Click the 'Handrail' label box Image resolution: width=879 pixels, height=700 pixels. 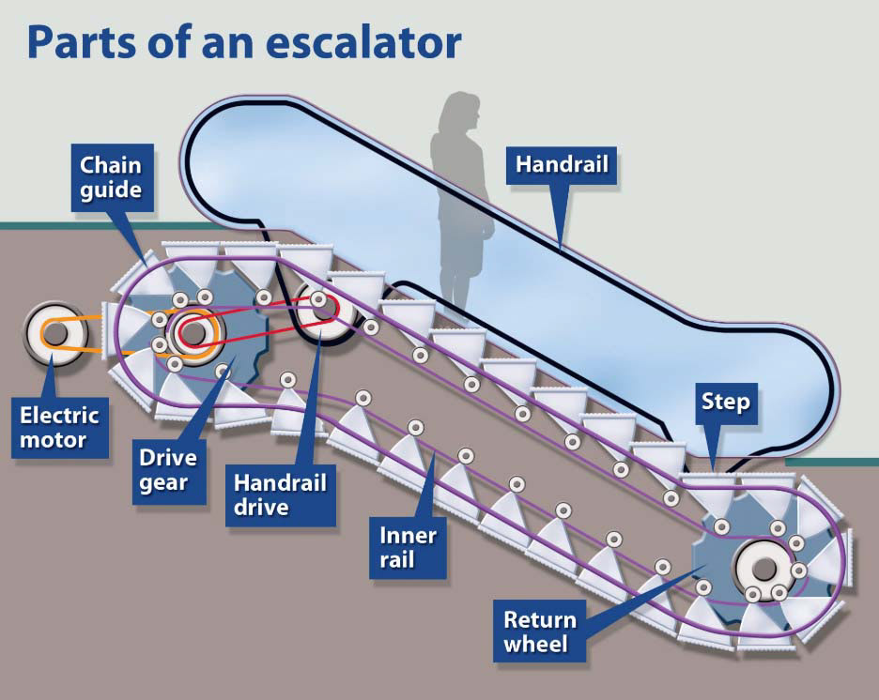click(x=562, y=165)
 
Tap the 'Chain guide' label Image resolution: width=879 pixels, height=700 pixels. click(x=112, y=177)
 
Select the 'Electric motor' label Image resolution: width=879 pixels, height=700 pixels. click(x=60, y=427)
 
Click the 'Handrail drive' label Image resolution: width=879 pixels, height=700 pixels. click(x=280, y=495)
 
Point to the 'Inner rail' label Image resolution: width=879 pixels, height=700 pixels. click(x=408, y=548)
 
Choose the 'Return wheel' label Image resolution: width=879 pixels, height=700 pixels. click(x=540, y=632)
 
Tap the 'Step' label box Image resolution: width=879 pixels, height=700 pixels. click(x=726, y=403)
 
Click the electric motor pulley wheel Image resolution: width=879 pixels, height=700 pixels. click(x=54, y=334)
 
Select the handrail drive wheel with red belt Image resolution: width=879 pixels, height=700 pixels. click(x=322, y=312)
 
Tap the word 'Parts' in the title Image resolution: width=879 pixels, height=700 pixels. click(x=83, y=42)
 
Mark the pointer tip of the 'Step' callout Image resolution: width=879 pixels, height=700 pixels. click(x=713, y=471)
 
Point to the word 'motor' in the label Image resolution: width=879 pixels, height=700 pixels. click(x=54, y=440)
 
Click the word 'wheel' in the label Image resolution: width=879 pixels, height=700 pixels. click(x=536, y=644)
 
